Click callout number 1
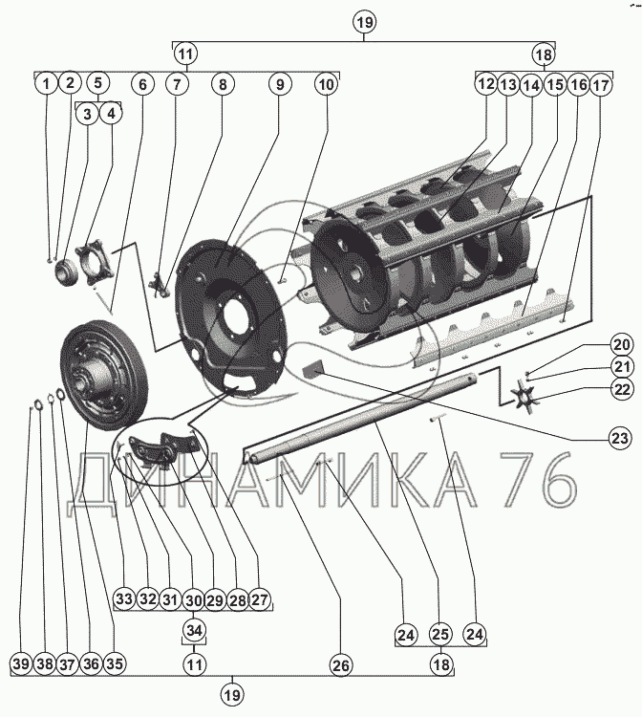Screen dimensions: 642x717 tap(45, 84)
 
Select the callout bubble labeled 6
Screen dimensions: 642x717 tap(142, 84)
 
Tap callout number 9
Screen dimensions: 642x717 tap(280, 84)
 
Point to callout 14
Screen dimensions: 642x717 tap(531, 84)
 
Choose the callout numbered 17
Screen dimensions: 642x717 tap(601, 84)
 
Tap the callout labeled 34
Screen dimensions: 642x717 tap(194, 630)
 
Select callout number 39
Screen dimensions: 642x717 tap(21, 663)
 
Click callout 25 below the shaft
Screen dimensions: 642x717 tap(439, 633)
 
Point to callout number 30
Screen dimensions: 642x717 tap(194, 599)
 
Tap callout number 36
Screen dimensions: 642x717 tap(91, 663)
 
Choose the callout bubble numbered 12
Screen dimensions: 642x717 tap(485, 84)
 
